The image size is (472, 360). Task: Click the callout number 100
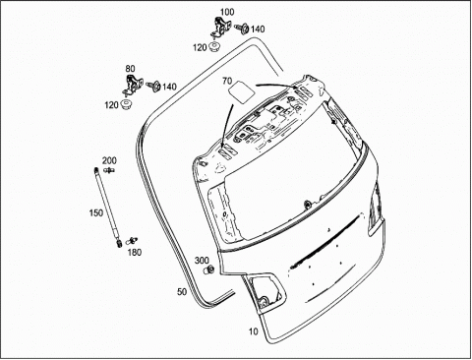coord(227,12)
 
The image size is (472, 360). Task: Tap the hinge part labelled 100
coord(219,27)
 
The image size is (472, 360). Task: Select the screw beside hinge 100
coord(242,29)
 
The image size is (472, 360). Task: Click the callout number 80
coord(130,69)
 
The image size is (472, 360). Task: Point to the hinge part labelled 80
coord(132,85)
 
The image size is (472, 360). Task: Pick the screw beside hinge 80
coord(153,86)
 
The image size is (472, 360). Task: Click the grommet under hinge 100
coord(214,46)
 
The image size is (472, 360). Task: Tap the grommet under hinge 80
coord(126,104)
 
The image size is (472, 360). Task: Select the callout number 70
coord(227,81)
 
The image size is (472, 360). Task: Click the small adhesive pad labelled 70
coord(241,92)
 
